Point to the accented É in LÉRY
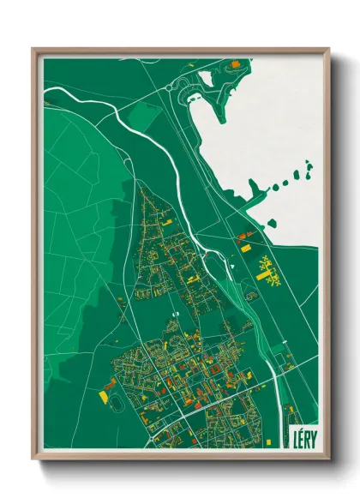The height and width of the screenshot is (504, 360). [301, 436]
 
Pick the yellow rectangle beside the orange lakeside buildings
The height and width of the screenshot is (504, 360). [245, 248]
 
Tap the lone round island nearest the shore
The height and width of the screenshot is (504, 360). [272, 223]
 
